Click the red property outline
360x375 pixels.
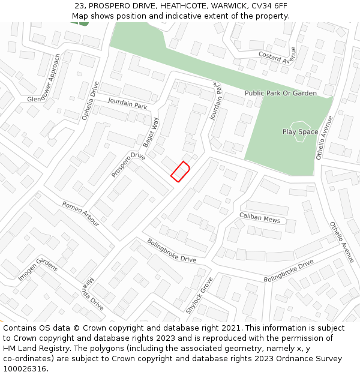point(180,171)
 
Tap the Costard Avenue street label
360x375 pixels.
point(277,55)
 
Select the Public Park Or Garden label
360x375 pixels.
point(280,94)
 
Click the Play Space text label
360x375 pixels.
point(300,131)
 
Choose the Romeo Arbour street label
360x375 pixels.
point(80,214)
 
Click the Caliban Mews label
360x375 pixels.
point(260,217)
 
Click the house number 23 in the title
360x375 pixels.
point(79,6)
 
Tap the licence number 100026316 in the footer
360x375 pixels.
point(25,368)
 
